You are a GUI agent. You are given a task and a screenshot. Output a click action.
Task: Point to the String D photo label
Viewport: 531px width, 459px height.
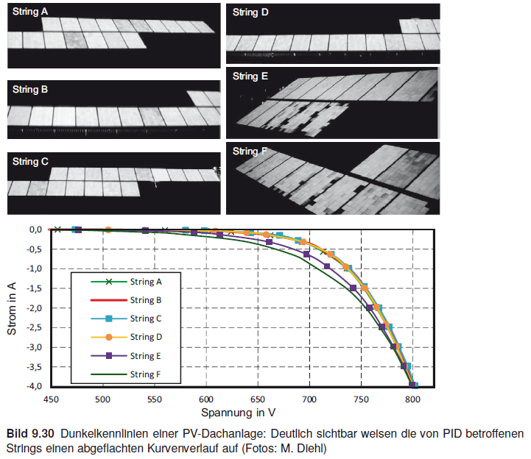click(251, 13)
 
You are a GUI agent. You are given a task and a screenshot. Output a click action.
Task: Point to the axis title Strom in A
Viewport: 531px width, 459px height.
click(13, 307)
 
